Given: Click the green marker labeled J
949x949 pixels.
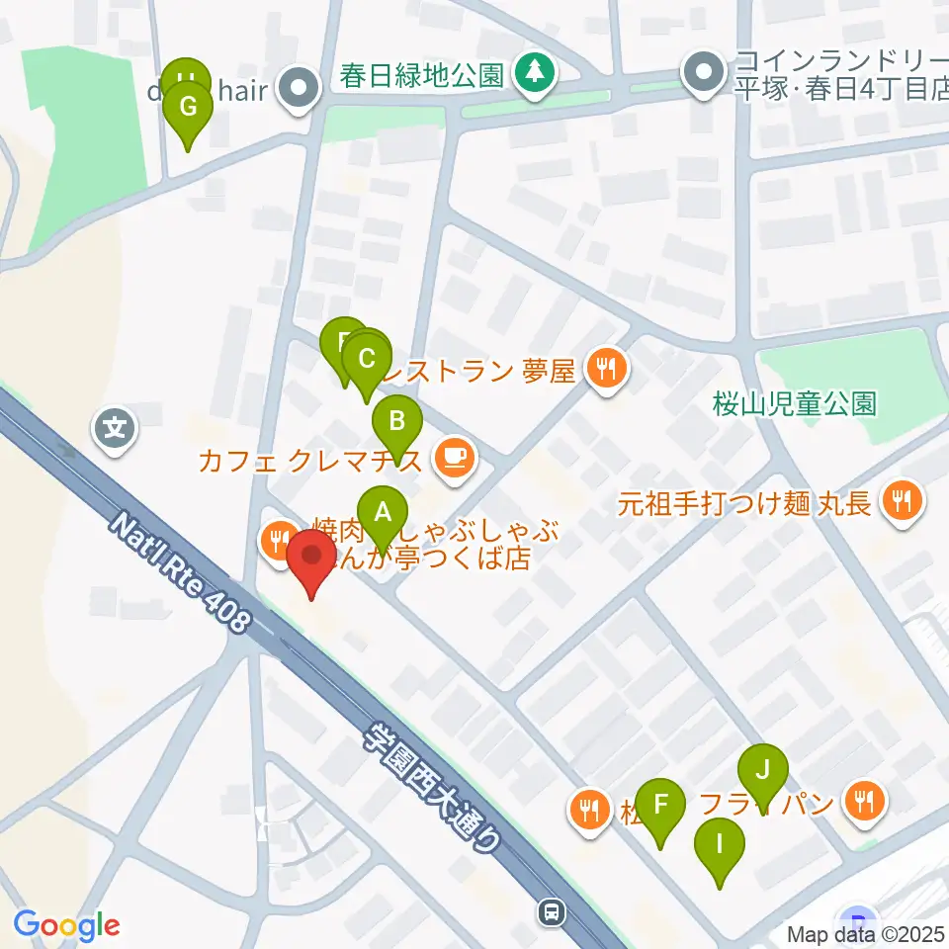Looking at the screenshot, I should [x=762, y=770].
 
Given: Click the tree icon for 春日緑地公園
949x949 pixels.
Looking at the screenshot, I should [x=535, y=70].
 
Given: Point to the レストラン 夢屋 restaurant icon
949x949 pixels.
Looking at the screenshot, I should [x=605, y=371].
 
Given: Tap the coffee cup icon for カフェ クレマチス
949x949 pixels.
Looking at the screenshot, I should [x=455, y=457].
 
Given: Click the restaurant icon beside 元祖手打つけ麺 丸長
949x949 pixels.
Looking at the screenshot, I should [x=901, y=500].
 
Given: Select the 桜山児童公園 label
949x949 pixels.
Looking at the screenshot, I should [x=794, y=403].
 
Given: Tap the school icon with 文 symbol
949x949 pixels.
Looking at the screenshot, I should [x=116, y=429].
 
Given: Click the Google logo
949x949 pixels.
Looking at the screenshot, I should [x=66, y=925].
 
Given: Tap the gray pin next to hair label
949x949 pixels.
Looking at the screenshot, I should [x=299, y=90].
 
